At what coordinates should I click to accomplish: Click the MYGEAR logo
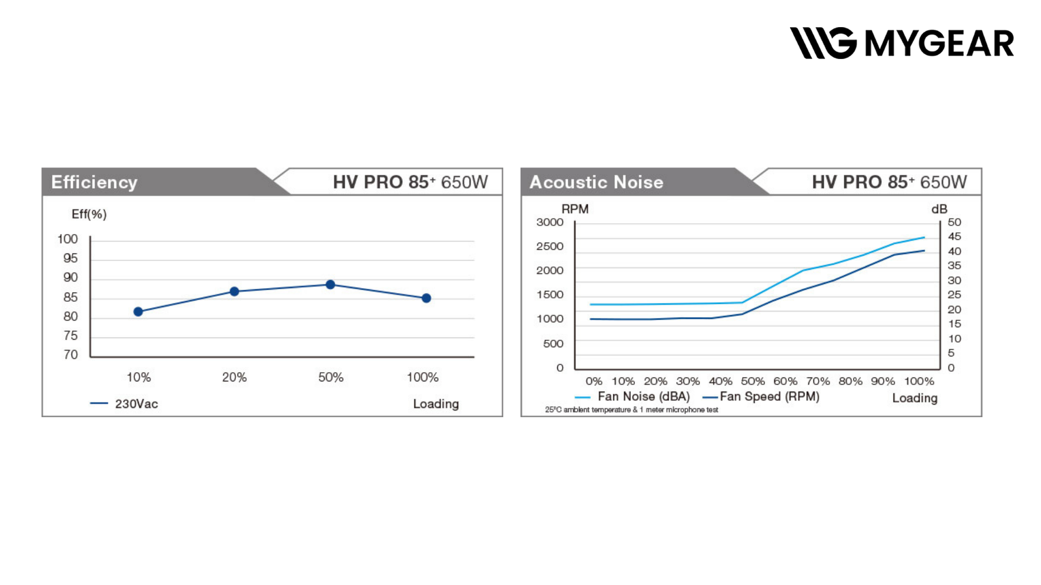tap(901, 43)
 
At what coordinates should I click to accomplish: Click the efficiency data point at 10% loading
tap(138, 311)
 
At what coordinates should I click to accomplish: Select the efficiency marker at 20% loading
tap(234, 291)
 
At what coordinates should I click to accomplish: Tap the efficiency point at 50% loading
tap(330, 284)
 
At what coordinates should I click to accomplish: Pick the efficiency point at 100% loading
tap(426, 298)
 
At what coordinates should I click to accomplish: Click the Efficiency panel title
tap(94, 182)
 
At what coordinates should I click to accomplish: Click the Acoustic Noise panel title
tap(596, 182)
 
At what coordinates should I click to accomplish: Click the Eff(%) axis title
tap(89, 214)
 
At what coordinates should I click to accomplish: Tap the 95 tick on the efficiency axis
tap(70, 258)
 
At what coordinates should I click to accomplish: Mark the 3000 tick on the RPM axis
tap(550, 222)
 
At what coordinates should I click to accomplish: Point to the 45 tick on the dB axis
tap(954, 237)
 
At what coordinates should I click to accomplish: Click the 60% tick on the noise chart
tap(785, 381)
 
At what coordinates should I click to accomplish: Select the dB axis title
tap(939, 209)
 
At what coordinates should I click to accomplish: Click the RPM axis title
tap(575, 209)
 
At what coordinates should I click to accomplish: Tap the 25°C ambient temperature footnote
tap(632, 410)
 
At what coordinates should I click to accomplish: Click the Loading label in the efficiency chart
tap(436, 404)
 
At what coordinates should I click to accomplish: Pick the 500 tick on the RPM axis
tap(553, 343)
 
